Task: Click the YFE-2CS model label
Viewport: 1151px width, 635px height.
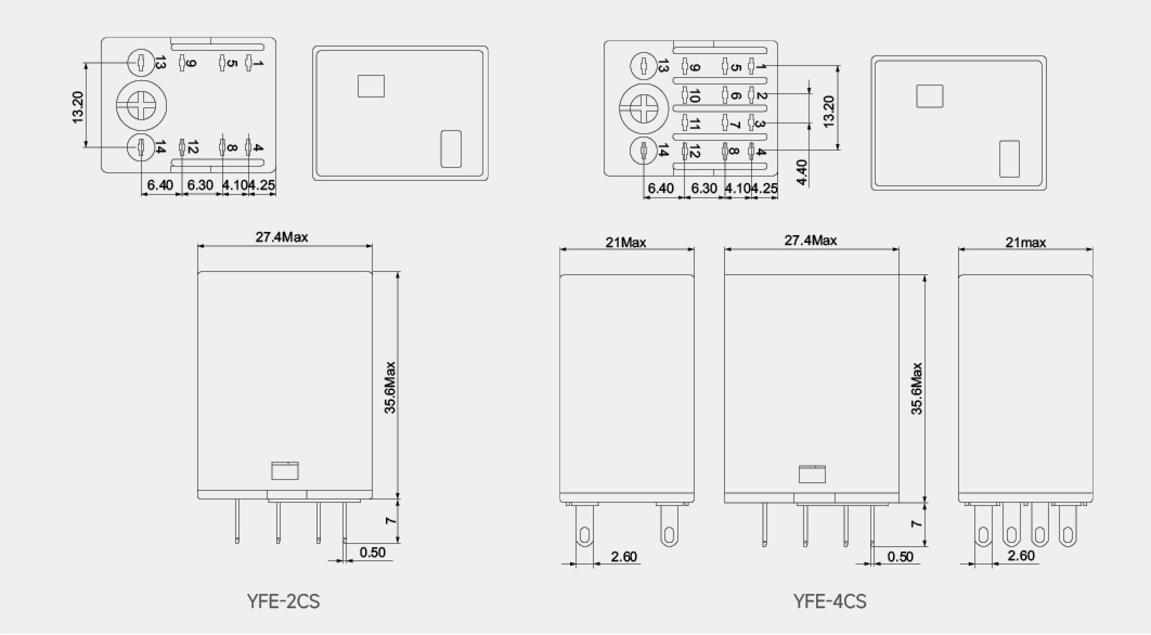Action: click(283, 601)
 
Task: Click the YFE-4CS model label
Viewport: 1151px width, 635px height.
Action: click(830, 601)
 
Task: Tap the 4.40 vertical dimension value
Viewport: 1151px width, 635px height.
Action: click(803, 172)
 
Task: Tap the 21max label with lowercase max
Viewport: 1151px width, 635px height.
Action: click(1025, 242)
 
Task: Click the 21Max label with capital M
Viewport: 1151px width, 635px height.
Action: click(626, 242)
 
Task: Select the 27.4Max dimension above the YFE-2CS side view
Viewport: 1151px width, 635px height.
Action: click(282, 237)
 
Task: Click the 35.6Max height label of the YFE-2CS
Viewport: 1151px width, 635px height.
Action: click(390, 387)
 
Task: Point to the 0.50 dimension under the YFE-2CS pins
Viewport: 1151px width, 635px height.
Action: click(372, 553)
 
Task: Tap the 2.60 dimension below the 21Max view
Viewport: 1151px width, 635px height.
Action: click(624, 556)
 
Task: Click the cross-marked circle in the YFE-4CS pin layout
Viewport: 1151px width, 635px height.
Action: click(644, 109)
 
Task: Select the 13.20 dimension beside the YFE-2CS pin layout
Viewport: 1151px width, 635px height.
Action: click(78, 107)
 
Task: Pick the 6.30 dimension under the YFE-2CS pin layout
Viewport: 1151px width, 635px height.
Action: click(200, 185)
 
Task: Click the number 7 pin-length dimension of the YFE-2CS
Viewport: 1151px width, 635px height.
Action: click(390, 521)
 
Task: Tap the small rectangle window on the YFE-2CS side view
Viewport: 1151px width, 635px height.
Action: click(285, 471)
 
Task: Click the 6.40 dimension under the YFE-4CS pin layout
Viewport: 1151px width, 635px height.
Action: click(661, 188)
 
